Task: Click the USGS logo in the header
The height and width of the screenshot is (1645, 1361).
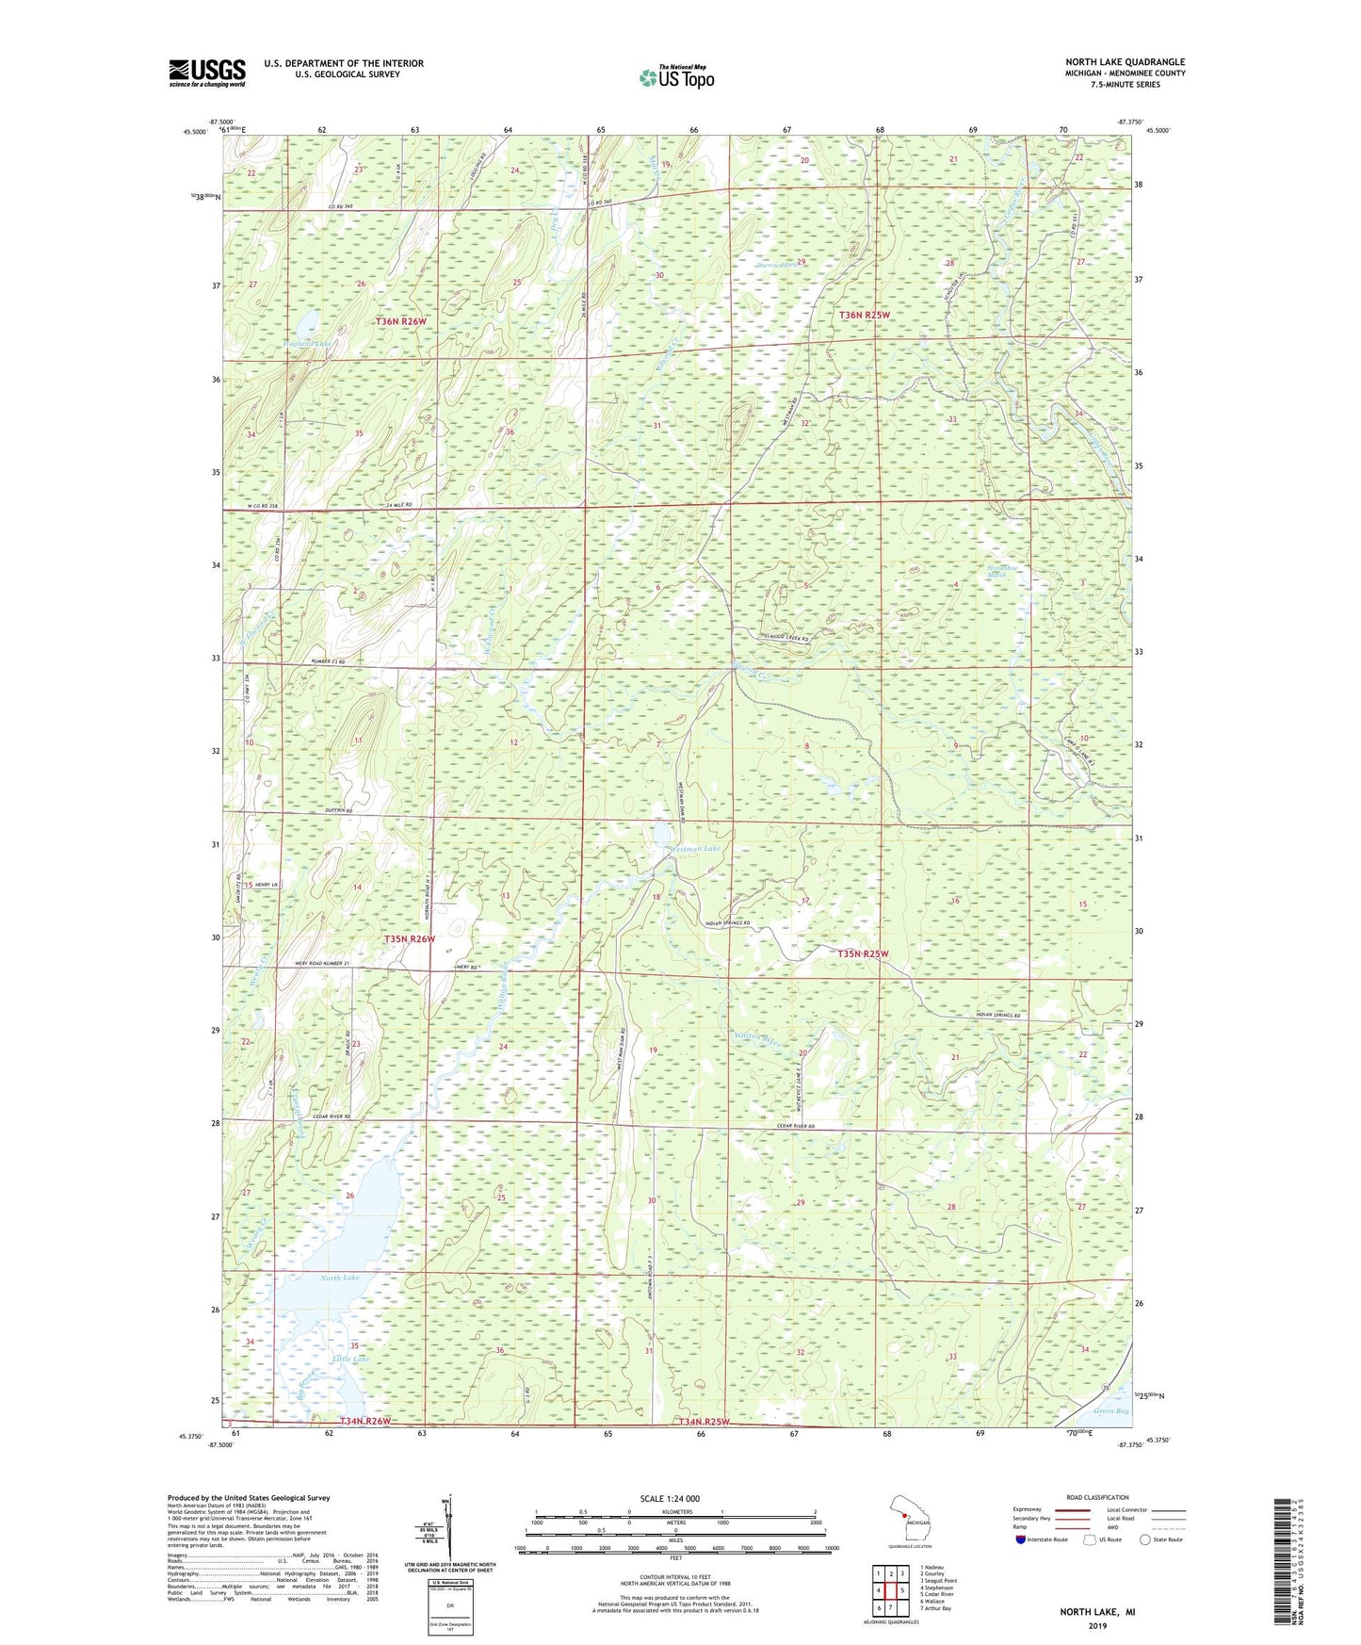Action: pyautogui.click(x=207, y=73)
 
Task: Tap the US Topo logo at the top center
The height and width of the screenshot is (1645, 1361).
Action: pyautogui.click(x=675, y=77)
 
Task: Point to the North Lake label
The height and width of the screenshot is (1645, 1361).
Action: pyautogui.click(x=339, y=1278)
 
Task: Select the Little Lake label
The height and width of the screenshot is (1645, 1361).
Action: pyautogui.click(x=350, y=1359)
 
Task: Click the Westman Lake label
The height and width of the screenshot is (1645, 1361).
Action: pyautogui.click(x=694, y=850)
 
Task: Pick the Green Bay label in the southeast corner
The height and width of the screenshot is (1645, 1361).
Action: pyautogui.click(x=1110, y=1410)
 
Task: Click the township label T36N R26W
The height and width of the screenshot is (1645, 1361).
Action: pyautogui.click(x=401, y=321)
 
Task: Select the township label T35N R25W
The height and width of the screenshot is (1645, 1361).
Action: pyautogui.click(x=863, y=953)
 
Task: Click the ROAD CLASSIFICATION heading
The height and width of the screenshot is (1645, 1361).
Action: pyautogui.click(x=1098, y=1497)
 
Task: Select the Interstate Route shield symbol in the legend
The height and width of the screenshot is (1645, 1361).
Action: pyautogui.click(x=1022, y=1539)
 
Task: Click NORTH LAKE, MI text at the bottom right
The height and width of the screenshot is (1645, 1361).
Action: pyautogui.click(x=1097, y=1612)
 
